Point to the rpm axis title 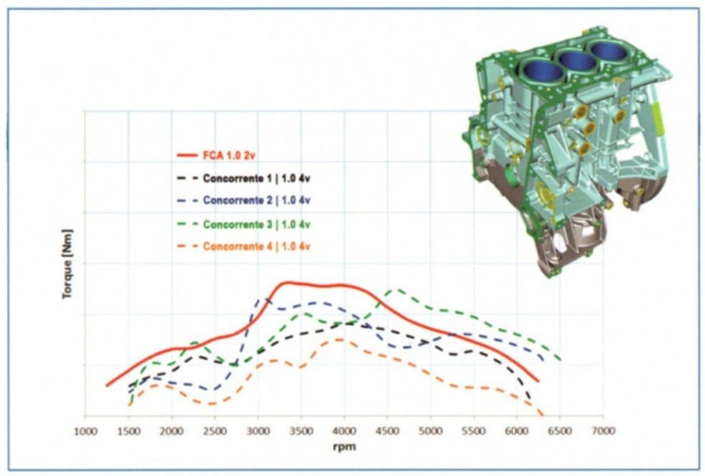(344, 447)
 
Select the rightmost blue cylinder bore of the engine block (608, 50)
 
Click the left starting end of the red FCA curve (107, 385)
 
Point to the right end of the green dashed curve (559, 358)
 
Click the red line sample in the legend (186, 154)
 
